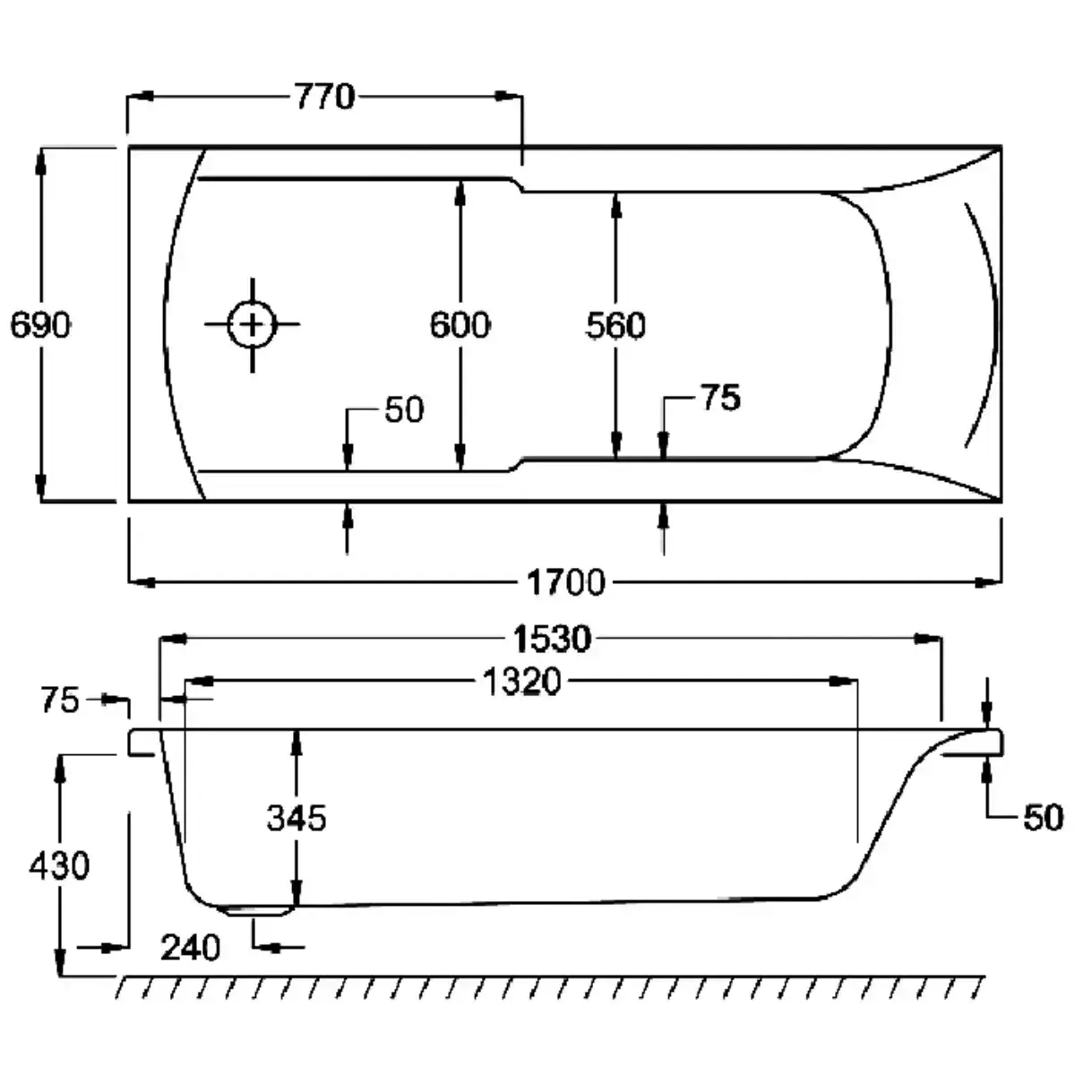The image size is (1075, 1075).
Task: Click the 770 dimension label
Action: click(x=324, y=97)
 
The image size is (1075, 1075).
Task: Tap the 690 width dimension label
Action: click(x=40, y=324)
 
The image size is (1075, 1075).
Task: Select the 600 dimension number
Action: click(x=460, y=324)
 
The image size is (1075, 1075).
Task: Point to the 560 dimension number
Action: click(x=615, y=326)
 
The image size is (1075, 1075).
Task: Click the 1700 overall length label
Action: click(x=565, y=582)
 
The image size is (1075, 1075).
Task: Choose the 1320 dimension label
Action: click(x=521, y=682)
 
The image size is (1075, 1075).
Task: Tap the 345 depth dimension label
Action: click(x=297, y=819)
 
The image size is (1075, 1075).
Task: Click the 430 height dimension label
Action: click(x=59, y=865)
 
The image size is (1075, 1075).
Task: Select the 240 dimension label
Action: click(x=190, y=948)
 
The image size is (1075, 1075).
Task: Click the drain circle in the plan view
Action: click(x=252, y=324)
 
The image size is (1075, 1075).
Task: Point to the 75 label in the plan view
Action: click(x=721, y=398)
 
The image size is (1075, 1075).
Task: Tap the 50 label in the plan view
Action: click(x=404, y=410)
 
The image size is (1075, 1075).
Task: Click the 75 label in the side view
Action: click(x=60, y=701)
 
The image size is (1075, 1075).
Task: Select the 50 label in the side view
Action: click(x=1044, y=819)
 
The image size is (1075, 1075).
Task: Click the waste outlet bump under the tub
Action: click(x=255, y=911)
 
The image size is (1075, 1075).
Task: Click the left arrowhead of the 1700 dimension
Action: click(x=142, y=582)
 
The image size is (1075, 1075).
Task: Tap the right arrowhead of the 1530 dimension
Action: click(x=928, y=639)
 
